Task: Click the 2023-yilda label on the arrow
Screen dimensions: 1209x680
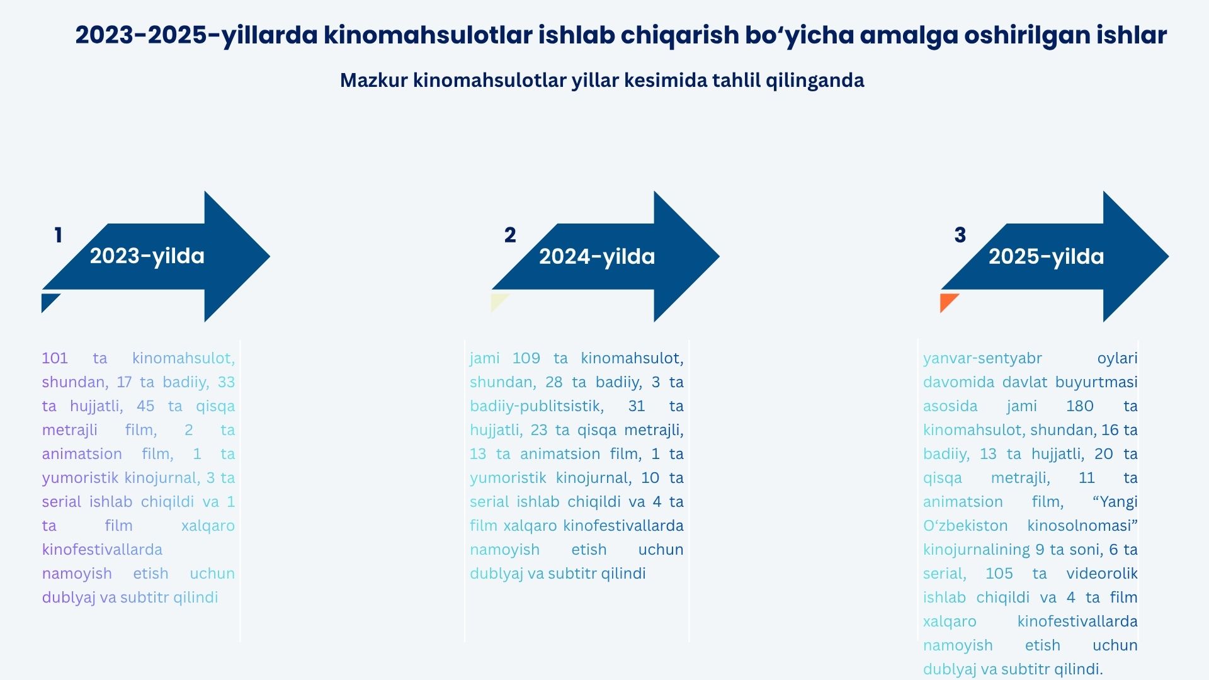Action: click(x=147, y=256)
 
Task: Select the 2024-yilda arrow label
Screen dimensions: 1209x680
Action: click(x=597, y=257)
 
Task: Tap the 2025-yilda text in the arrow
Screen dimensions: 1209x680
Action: click(x=1047, y=257)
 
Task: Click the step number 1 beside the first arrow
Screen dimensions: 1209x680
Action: click(x=59, y=235)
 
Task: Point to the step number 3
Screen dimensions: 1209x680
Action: click(x=960, y=235)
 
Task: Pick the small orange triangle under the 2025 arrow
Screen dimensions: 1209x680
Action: click(x=947, y=301)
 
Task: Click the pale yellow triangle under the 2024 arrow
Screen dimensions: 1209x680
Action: click(x=497, y=301)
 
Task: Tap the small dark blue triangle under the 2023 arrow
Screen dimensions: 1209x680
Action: click(x=48, y=301)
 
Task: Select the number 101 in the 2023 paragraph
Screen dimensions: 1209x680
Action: click(x=55, y=358)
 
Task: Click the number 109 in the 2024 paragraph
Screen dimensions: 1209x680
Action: click(x=526, y=358)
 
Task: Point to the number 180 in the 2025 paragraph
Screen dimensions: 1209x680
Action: click(x=1080, y=406)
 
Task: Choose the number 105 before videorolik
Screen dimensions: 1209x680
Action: click(x=999, y=574)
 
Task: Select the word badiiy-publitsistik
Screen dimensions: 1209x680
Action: click(x=537, y=406)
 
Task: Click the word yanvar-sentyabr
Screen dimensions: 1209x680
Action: click(x=982, y=358)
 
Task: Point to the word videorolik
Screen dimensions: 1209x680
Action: click(x=1102, y=574)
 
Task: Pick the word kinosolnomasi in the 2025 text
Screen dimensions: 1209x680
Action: click(x=1082, y=526)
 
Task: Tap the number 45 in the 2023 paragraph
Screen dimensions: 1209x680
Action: click(x=145, y=406)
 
